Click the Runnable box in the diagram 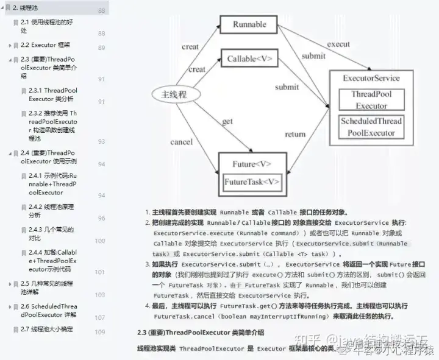point(250,24)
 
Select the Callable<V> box point(249,59)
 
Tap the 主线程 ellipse point(174,94)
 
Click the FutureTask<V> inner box point(252,182)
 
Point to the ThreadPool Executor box point(371,100)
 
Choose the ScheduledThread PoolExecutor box point(371,127)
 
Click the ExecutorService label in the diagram point(371,78)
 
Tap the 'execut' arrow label point(338,44)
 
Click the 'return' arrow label point(295,134)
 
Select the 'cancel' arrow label point(182,142)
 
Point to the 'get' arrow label point(227,121)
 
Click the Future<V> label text point(252,164)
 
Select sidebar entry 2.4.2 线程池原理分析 point(51,211)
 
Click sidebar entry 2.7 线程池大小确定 point(46,330)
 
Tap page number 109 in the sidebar point(100,332)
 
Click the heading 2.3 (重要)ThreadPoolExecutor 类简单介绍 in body point(201,333)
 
